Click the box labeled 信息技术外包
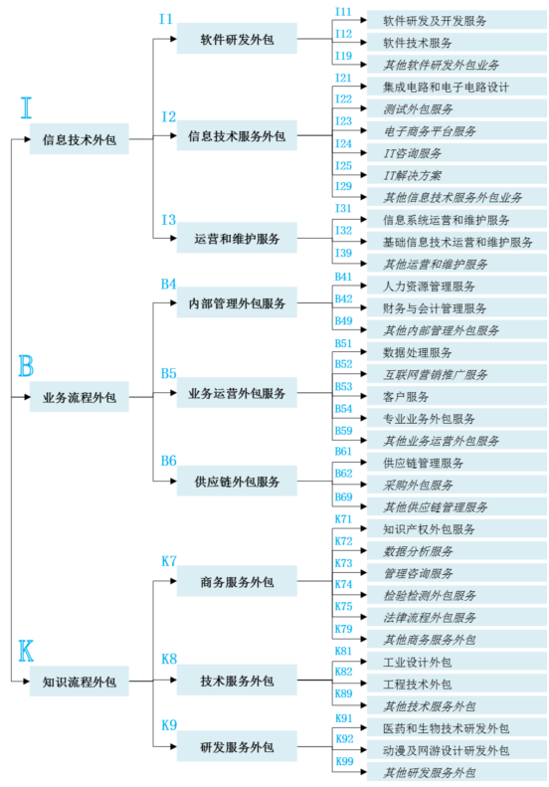[80, 139]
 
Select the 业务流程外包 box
[80, 397]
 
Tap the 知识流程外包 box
[80, 682]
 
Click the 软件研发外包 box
[237, 39]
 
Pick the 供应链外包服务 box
[237, 481]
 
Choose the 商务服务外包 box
[237, 581]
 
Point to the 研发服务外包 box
[237, 746]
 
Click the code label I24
[344, 143]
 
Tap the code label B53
[344, 386]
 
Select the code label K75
[344, 606]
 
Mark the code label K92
[344, 739]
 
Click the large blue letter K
[26, 651]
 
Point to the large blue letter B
[26, 365]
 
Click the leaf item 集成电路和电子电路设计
[446, 88]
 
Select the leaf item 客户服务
[406, 397]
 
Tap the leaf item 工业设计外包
[417, 662]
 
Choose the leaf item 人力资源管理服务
[429, 287]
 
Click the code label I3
[169, 220]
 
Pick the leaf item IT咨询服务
[413, 153]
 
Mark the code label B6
[169, 461]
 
